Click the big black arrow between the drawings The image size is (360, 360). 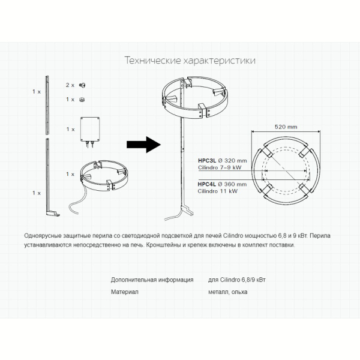pyautogui.click(x=144, y=145)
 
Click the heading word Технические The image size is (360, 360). pyautogui.click(x=152, y=61)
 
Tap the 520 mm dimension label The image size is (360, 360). pyautogui.click(x=286, y=127)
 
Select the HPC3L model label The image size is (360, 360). pyautogui.click(x=207, y=160)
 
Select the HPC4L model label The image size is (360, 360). pyautogui.click(x=206, y=184)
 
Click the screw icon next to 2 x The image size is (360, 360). pyautogui.click(x=82, y=85)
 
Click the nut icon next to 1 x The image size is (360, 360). pyautogui.click(x=82, y=100)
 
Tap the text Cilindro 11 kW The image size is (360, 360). pyautogui.click(x=218, y=191)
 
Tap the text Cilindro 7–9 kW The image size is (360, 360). pyautogui.click(x=220, y=167)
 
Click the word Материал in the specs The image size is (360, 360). pyautogui.click(x=125, y=292)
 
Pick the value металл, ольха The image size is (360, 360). pyautogui.click(x=228, y=292)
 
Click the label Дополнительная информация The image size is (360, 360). pyautogui.click(x=152, y=280)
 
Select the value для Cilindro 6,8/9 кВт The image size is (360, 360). pyautogui.click(x=237, y=280)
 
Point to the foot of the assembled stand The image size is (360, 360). pyautogui.click(x=187, y=210)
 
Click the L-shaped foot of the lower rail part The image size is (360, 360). pyautogui.click(x=53, y=213)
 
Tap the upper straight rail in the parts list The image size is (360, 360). pyautogui.click(x=47, y=105)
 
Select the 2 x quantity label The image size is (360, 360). pyautogui.click(x=70, y=85)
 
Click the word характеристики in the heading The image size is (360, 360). pyautogui.click(x=219, y=61)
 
